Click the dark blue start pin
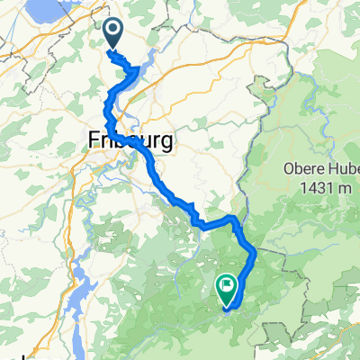(114, 33)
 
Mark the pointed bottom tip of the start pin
(114, 49)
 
